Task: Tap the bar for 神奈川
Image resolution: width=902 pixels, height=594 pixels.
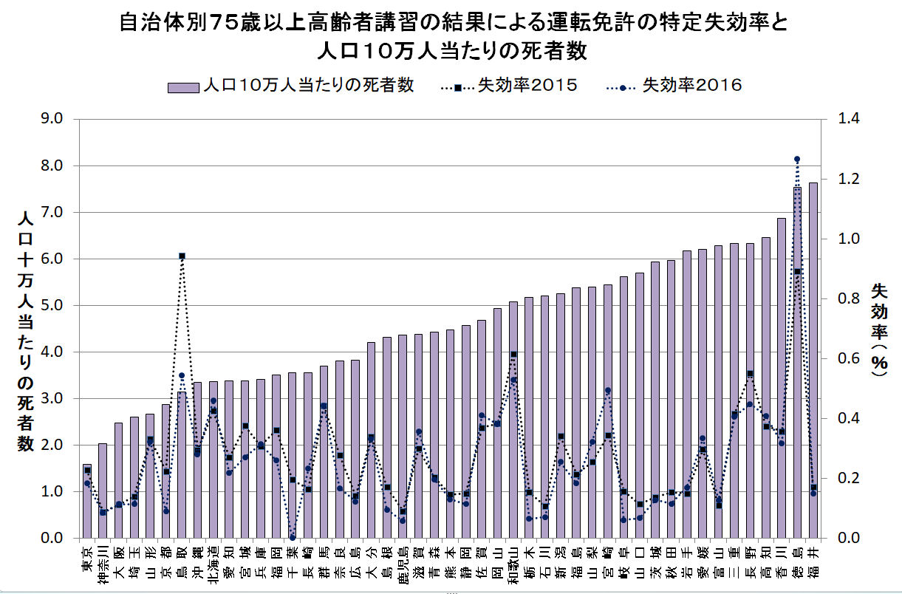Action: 103,491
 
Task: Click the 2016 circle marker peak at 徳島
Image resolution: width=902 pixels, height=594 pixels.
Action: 797,159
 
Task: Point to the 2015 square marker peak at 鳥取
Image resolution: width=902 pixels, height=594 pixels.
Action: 182,256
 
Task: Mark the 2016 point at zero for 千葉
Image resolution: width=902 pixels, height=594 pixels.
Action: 293,537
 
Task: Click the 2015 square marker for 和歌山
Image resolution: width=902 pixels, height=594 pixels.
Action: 513,354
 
